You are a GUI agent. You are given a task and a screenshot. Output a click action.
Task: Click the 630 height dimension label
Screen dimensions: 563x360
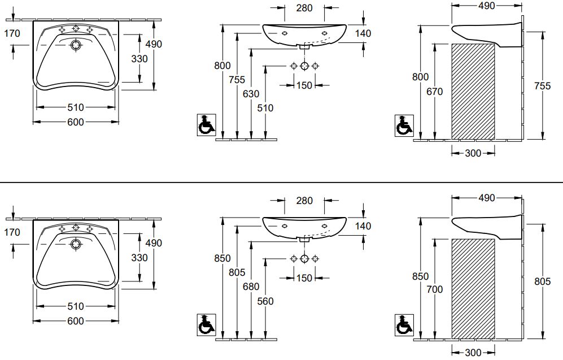click(x=251, y=94)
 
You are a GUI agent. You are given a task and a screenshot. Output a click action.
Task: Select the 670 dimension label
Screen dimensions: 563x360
click(x=434, y=92)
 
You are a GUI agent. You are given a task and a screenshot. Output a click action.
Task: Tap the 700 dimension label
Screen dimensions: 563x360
click(x=434, y=289)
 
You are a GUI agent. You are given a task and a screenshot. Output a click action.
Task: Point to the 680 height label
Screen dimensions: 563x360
click(x=251, y=287)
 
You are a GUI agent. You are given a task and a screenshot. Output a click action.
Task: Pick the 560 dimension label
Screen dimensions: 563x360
click(x=265, y=301)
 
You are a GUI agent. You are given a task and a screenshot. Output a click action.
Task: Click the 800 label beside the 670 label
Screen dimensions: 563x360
click(x=421, y=77)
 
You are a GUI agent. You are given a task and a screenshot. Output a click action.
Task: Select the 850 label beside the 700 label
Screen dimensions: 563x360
click(x=421, y=276)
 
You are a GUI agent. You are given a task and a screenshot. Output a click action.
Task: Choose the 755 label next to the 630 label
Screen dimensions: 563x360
click(x=237, y=79)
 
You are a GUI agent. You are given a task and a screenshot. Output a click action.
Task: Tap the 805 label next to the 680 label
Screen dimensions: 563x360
click(x=237, y=272)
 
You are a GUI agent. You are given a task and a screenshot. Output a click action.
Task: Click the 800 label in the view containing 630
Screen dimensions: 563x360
click(x=222, y=66)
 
